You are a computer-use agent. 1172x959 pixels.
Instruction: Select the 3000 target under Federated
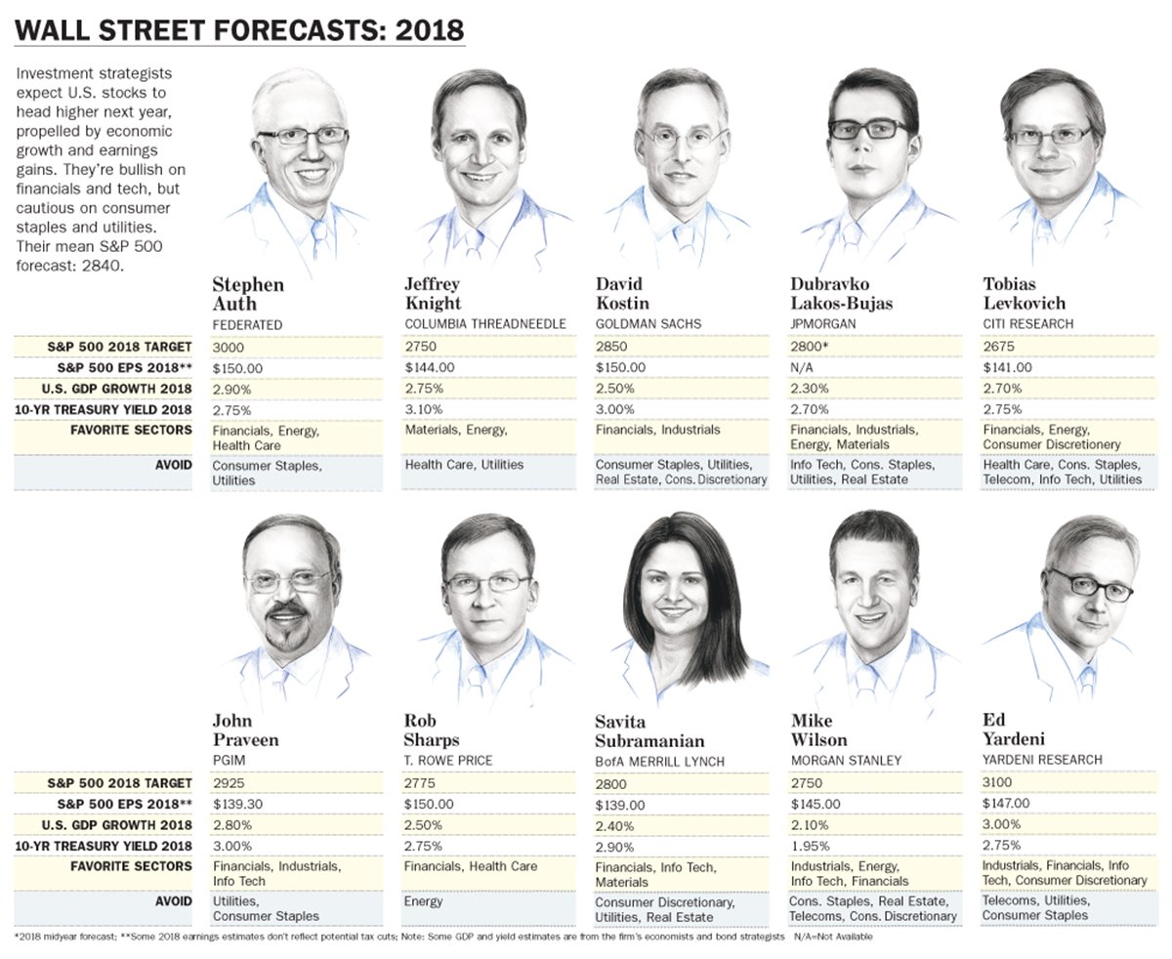pyautogui.click(x=228, y=346)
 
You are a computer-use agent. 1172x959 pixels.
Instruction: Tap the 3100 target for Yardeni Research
pyautogui.click(x=998, y=781)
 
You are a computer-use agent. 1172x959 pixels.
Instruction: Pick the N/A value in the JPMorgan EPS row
pyautogui.click(x=802, y=367)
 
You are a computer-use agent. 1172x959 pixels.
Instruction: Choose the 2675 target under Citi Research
pyautogui.click(x=999, y=346)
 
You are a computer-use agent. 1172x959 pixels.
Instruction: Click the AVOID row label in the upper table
pyautogui.click(x=173, y=464)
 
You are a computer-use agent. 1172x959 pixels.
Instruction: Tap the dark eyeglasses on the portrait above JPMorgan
pyautogui.click(x=868, y=128)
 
